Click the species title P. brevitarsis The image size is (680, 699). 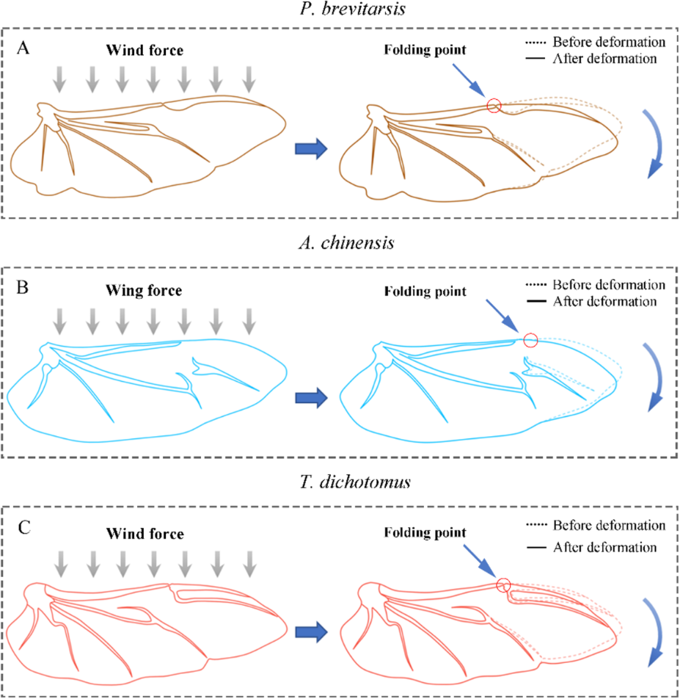click(340, 10)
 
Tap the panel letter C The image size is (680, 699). click(24, 525)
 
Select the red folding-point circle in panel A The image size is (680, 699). click(494, 106)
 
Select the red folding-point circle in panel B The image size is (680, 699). click(531, 340)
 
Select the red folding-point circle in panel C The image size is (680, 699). click(503, 584)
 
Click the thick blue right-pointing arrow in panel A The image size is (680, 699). click(310, 148)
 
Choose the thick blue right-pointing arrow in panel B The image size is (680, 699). click(310, 397)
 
